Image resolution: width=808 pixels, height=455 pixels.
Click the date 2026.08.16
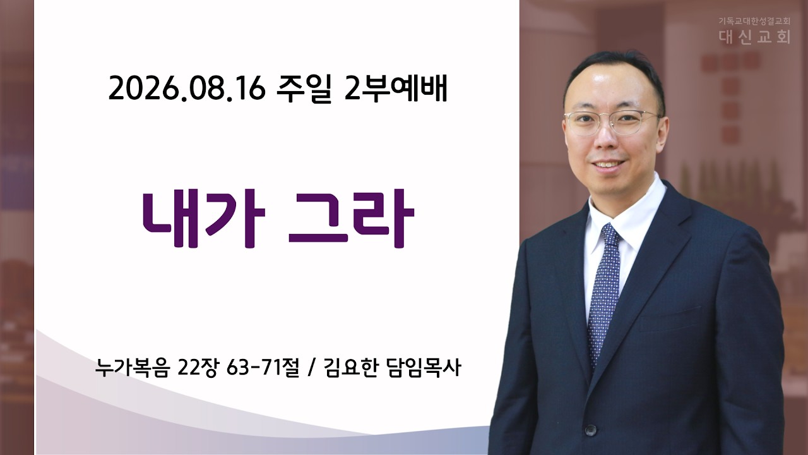tap(187, 88)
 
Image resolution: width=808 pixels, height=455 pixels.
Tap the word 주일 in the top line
tap(304, 89)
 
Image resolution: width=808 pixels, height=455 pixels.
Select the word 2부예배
tap(396, 88)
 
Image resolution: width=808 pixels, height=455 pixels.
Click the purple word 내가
tap(204, 219)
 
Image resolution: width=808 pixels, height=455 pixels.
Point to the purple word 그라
tap(352, 219)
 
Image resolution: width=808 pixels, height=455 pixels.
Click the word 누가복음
tap(132, 368)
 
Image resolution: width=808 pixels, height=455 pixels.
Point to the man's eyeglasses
tap(612, 122)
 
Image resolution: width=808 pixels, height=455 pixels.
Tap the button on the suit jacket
tap(590, 430)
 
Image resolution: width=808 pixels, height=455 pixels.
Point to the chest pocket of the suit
tap(671, 318)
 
